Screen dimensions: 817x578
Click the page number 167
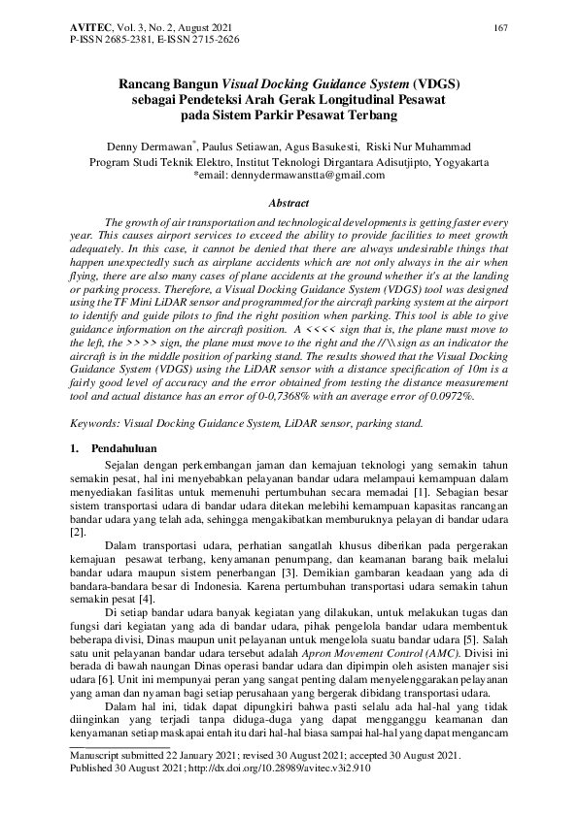coord(501,27)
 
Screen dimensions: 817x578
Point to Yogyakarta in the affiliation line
coord(477,160)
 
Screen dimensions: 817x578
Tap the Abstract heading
coord(289,203)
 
